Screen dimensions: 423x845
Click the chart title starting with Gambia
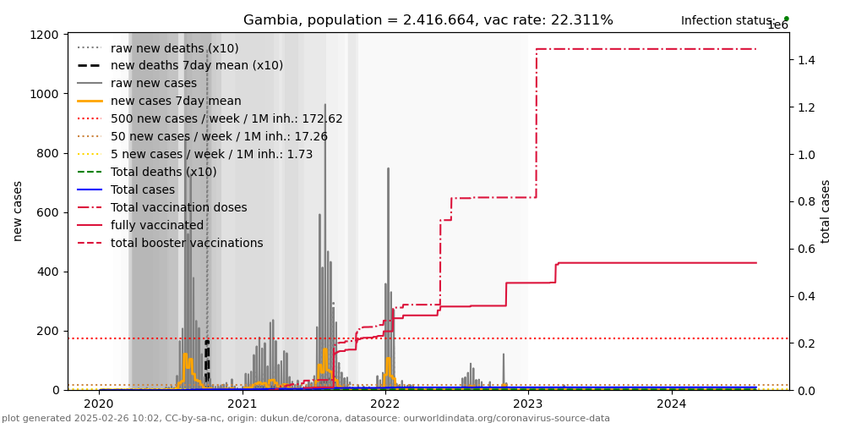[428, 20]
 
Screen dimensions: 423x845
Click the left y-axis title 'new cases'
[18, 211]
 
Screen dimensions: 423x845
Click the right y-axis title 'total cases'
[826, 211]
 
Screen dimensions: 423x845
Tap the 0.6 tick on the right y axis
[804, 249]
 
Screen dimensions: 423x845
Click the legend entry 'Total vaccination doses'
[178, 207]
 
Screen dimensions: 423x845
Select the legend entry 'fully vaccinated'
[156, 225]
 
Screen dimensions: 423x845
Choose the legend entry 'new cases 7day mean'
[176, 101]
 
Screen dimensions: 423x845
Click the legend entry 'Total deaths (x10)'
[163, 172]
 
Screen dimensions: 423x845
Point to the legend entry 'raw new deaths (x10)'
[174, 48]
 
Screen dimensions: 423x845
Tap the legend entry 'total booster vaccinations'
[186, 243]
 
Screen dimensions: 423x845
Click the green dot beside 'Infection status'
[786, 19]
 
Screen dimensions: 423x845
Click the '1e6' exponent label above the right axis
[777, 25]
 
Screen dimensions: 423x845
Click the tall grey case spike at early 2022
[389, 254]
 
